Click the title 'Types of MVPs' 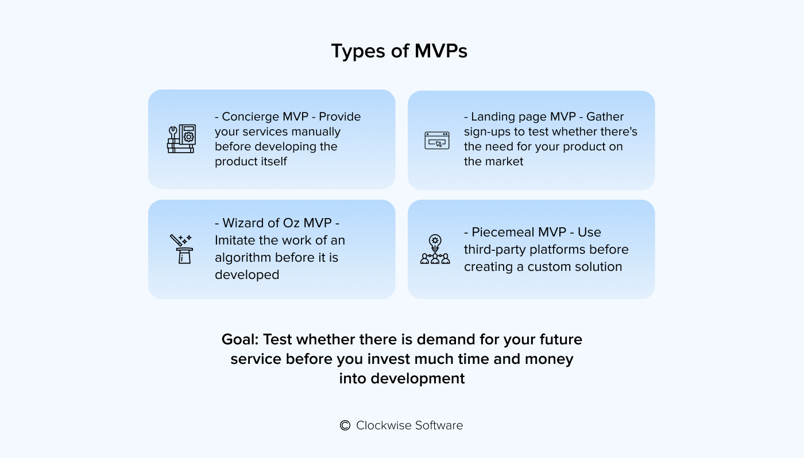click(x=399, y=51)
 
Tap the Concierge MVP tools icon click(x=181, y=139)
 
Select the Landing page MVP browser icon click(x=437, y=141)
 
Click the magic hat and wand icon click(x=181, y=249)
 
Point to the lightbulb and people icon click(x=435, y=249)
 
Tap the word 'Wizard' click(x=241, y=223)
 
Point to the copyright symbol click(x=345, y=425)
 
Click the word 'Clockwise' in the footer click(x=380, y=425)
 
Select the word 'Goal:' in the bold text click(x=240, y=339)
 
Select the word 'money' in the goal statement click(x=549, y=359)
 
